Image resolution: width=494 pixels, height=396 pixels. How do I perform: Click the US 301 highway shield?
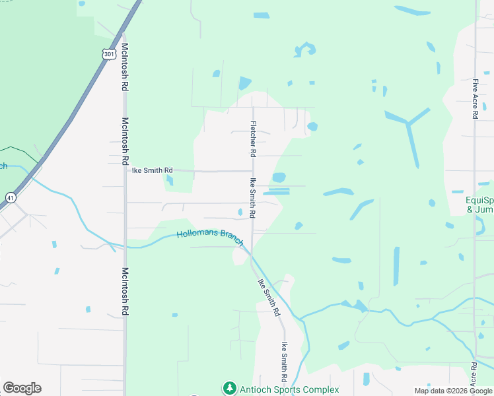pos(109,53)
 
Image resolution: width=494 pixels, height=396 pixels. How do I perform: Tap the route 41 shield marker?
pos(10,197)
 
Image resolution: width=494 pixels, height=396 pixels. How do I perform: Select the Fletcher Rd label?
pos(252,139)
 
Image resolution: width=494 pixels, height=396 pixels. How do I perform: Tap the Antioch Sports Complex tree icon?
pos(229,388)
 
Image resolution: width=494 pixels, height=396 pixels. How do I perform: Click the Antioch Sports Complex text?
pos(289,389)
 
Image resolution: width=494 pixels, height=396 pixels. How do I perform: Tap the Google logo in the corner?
pos(22,388)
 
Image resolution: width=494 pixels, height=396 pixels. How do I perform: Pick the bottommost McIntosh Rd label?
pos(124,291)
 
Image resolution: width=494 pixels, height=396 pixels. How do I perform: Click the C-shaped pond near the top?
pos(305,49)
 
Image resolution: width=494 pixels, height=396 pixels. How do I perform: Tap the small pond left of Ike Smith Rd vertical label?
pos(240,212)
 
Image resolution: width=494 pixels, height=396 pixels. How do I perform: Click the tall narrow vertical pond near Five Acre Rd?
pos(396,266)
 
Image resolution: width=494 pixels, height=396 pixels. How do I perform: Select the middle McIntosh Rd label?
pos(124,141)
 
